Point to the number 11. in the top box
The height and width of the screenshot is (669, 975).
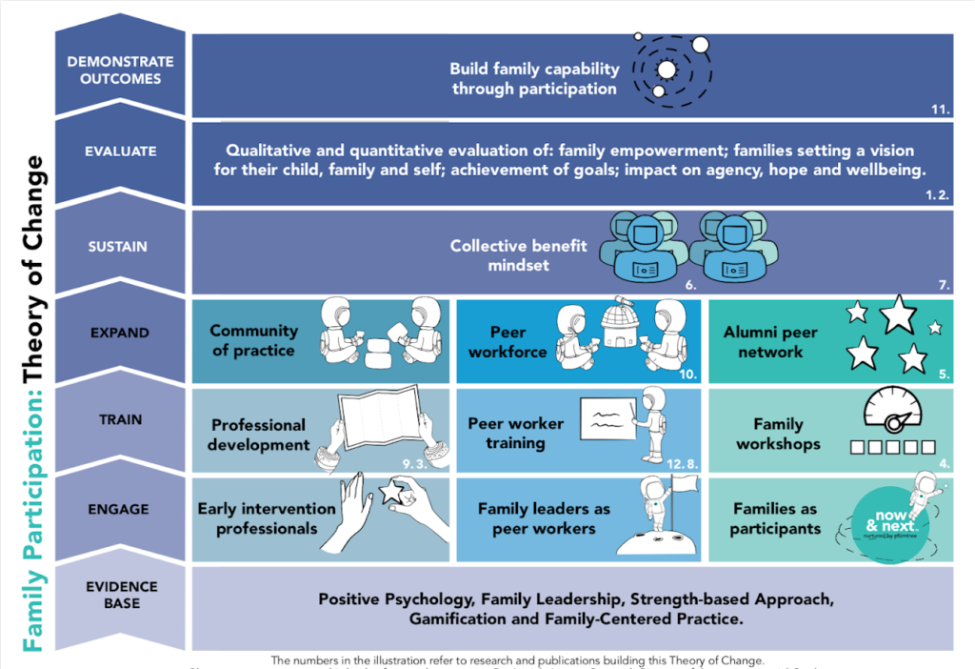[x=940, y=110]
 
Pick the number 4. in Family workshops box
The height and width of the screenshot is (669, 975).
[x=945, y=463]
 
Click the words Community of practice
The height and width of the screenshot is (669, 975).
[x=253, y=341]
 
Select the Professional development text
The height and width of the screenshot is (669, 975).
[x=258, y=435]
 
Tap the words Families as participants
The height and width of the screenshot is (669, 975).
[x=775, y=518]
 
